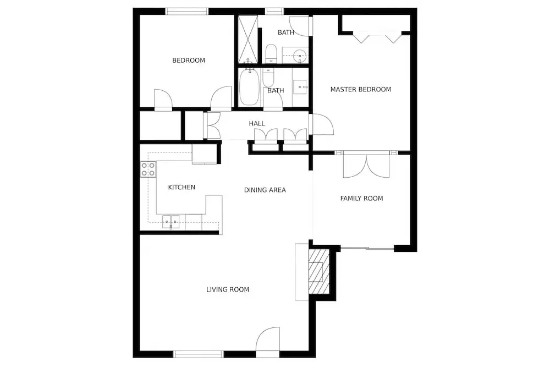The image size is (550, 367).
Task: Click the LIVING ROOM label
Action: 228,289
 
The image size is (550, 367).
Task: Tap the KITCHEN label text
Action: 182,188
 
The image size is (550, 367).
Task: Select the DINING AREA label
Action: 265,190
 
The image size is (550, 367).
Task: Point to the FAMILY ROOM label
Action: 361,199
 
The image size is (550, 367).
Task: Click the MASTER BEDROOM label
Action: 361,90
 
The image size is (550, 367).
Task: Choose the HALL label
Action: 257,123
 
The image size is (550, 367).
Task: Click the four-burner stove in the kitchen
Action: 148,169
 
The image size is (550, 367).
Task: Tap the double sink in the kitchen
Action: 171,222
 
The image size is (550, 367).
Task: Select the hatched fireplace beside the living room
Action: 319,272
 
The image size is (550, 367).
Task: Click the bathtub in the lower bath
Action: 249,86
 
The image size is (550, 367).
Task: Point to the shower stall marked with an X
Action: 248,39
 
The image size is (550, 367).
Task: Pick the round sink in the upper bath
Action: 300,55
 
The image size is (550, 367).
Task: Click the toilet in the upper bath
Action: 271,53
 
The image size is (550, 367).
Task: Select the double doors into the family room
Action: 366,166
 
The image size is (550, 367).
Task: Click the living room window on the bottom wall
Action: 199,354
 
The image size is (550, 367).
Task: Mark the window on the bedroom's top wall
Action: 186,11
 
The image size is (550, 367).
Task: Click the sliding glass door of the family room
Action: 367,249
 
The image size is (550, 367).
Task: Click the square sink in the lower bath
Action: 300,86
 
